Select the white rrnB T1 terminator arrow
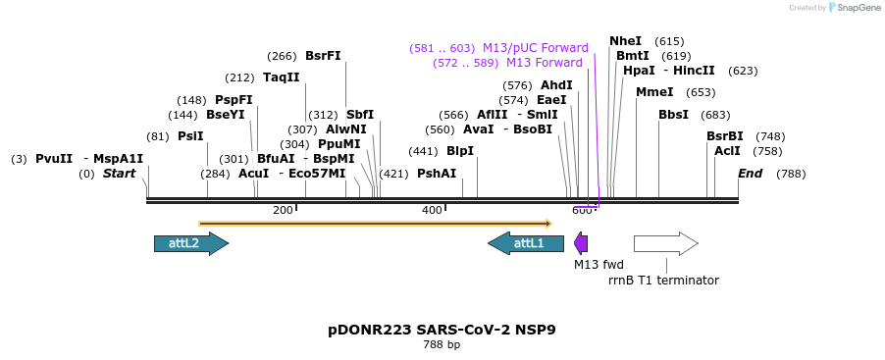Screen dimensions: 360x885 665,243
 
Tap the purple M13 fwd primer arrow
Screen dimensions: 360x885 581,243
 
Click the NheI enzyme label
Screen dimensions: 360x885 625,41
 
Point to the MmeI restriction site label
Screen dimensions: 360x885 654,92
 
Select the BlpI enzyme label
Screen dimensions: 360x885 460,151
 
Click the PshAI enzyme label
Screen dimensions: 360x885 437,174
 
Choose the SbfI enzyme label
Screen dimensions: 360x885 360,115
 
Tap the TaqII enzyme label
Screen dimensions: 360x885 282,77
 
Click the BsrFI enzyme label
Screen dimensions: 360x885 323,56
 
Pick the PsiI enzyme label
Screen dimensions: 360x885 190,136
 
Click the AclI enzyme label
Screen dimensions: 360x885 727,151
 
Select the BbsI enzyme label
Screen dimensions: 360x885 673,115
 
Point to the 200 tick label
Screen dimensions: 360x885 283,210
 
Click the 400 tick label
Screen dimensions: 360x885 432,210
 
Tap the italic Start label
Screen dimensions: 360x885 119,174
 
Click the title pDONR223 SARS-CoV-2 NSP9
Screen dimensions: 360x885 442,330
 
